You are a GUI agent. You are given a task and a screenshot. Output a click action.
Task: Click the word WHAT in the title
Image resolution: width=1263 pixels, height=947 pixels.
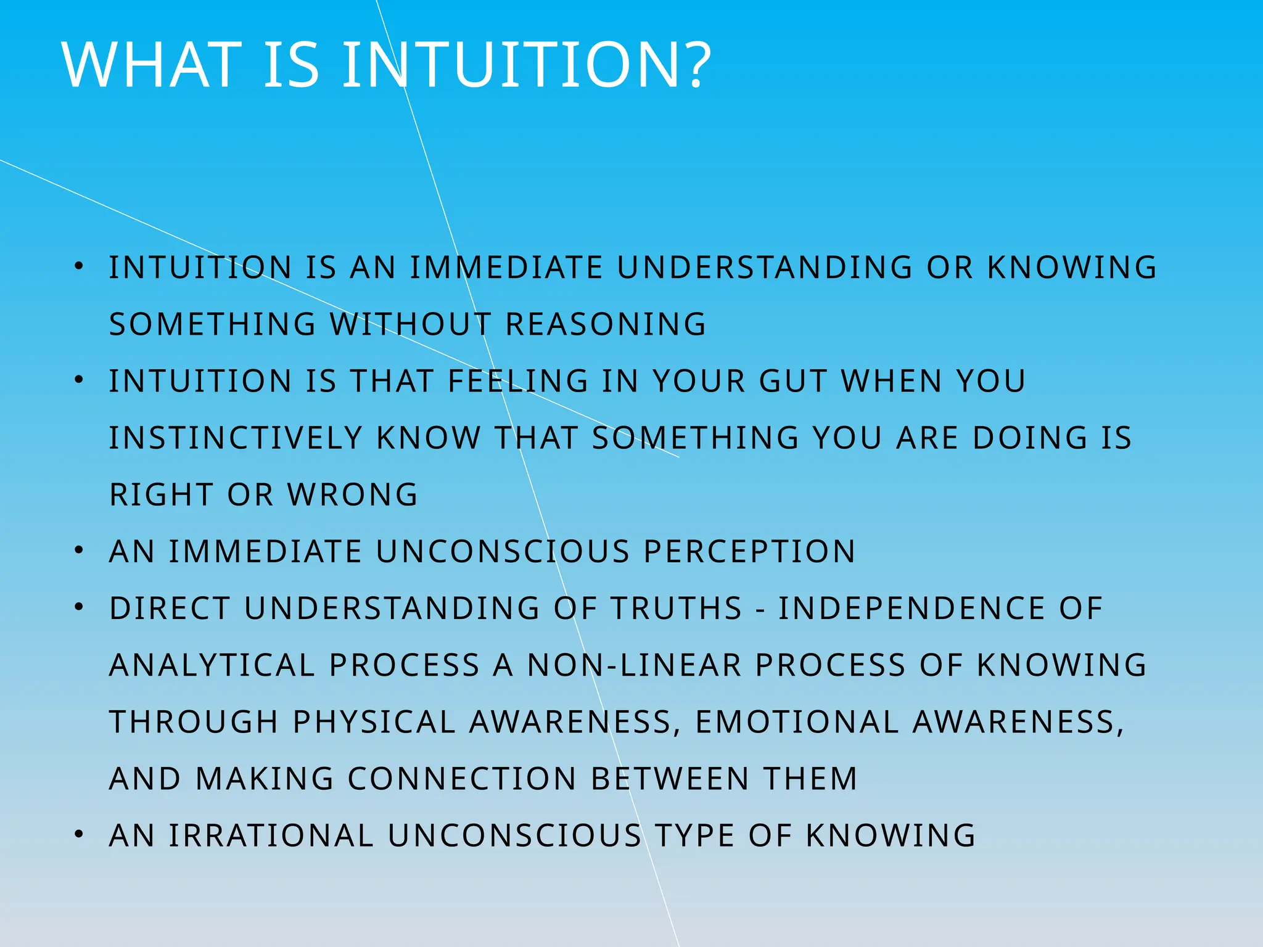(x=152, y=65)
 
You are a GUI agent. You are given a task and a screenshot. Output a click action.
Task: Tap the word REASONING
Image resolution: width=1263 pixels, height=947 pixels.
(x=606, y=324)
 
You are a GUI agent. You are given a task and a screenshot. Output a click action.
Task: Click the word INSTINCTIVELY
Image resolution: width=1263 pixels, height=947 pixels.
(x=236, y=438)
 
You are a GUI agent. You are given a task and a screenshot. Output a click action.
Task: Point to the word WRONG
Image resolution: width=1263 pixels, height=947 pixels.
(x=353, y=494)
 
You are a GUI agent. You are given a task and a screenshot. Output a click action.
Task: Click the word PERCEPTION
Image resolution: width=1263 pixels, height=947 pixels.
(x=749, y=551)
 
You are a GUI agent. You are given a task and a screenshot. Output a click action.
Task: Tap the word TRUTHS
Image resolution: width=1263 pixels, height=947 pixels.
(x=677, y=609)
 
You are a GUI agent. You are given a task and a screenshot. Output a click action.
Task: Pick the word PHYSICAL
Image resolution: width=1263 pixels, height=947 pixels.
(x=374, y=722)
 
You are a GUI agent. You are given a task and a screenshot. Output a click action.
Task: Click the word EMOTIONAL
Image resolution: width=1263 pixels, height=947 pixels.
(x=797, y=722)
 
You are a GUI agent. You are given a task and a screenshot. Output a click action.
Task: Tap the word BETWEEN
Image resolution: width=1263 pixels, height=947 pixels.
(x=670, y=779)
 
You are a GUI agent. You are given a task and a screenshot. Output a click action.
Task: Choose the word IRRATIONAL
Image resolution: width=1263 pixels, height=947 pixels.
(x=271, y=835)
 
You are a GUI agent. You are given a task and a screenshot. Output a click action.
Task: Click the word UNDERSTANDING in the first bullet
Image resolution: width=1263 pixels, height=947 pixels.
(x=764, y=268)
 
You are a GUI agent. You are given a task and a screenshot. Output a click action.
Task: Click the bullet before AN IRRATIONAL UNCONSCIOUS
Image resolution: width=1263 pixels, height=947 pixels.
(x=78, y=835)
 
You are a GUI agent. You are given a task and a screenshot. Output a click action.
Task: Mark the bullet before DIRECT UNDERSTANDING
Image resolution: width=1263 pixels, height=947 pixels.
(x=78, y=607)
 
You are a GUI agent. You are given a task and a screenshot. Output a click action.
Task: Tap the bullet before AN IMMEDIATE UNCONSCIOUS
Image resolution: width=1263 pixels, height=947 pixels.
(x=78, y=551)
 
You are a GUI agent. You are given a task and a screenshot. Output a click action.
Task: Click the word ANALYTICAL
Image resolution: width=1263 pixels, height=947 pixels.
(x=211, y=665)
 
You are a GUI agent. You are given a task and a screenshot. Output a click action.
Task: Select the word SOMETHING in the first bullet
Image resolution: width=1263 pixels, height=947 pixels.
(x=212, y=324)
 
